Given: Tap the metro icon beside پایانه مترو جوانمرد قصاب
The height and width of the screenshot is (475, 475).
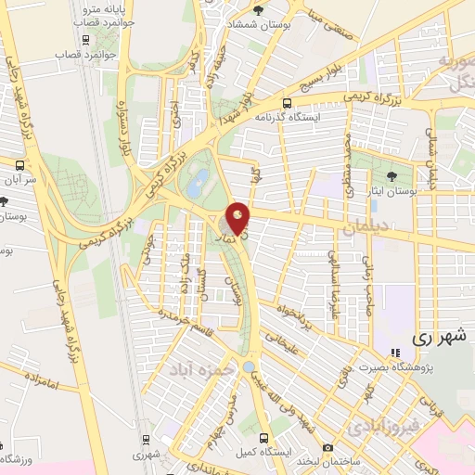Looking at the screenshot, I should point(85,40).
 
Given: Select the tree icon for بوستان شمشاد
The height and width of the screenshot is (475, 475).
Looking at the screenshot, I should point(258,10).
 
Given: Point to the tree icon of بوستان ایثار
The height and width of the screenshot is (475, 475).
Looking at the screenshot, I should point(392,173).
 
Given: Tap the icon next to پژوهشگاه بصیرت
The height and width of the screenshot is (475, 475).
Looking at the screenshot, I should point(395,353).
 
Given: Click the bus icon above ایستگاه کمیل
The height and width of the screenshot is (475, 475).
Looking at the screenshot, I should point(264,438).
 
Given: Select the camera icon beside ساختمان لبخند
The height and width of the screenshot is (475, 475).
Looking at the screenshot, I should point(327,448).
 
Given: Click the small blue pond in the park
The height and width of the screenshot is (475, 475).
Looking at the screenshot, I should point(197,184).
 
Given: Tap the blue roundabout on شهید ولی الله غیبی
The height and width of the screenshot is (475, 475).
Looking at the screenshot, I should point(248,367).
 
